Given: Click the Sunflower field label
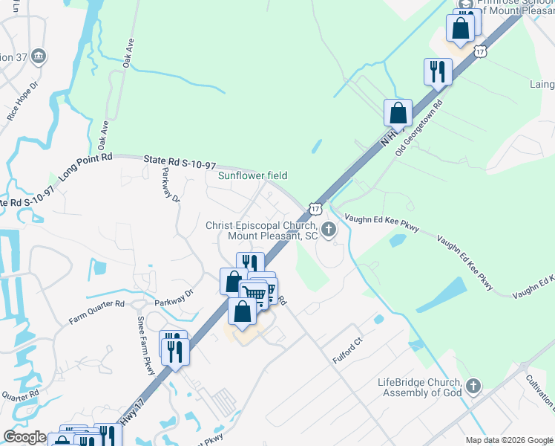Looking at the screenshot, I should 252,176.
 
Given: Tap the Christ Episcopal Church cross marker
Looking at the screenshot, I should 329,230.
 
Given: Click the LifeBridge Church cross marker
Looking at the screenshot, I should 473,386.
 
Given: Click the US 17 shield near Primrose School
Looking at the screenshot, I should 481,51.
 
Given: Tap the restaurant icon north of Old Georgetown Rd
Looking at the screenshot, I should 436,71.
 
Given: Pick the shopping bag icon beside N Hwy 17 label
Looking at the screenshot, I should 398,113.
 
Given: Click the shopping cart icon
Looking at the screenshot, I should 254,294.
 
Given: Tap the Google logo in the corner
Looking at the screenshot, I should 24,437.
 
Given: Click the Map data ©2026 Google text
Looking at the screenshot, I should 508,440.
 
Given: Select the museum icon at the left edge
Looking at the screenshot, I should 39,56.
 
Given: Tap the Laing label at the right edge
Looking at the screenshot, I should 541,84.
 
